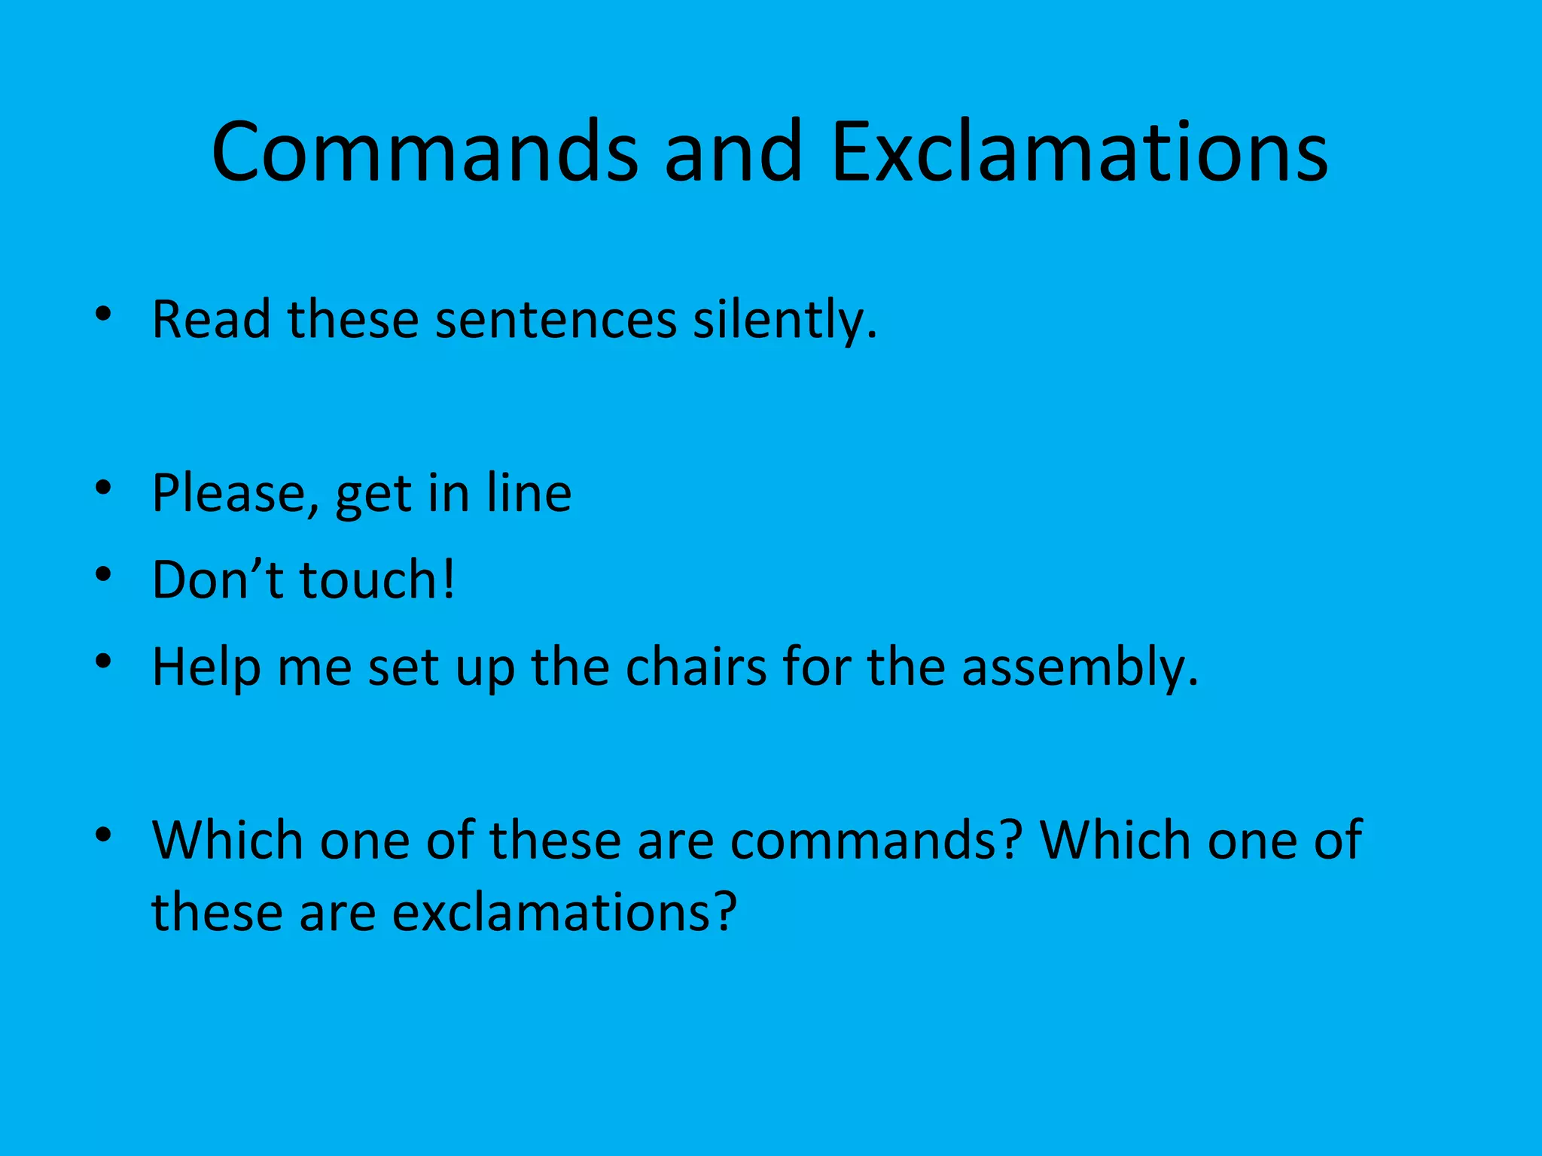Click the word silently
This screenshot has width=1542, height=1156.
point(784,320)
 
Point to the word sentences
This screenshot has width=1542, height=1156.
point(556,320)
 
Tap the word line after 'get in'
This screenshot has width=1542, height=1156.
point(529,493)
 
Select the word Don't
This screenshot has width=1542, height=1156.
point(217,580)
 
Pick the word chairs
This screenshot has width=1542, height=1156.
point(696,667)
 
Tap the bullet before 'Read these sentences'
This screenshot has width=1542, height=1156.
point(104,315)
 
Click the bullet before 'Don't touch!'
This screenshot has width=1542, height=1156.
point(104,576)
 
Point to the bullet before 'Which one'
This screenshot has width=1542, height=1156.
point(104,835)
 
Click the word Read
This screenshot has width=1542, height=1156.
point(211,320)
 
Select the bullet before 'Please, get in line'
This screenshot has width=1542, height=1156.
point(104,488)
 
